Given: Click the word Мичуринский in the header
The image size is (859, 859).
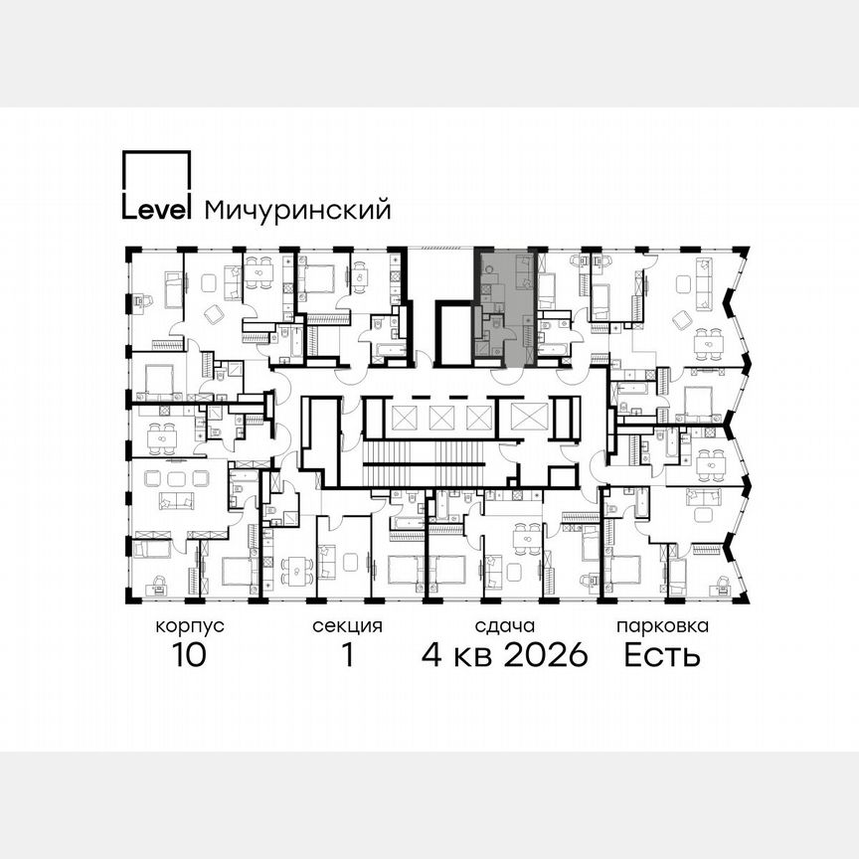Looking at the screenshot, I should [x=296, y=210].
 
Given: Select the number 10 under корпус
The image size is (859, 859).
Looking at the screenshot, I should [x=188, y=655].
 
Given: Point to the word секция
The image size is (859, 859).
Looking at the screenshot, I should [x=347, y=627].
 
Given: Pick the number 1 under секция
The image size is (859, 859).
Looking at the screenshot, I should [x=347, y=655].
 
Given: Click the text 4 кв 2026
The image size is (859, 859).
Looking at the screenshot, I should [x=505, y=655].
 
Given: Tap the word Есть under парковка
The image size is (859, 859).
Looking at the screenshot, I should [x=662, y=655].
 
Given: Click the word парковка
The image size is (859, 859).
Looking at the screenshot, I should [x=662, y=627].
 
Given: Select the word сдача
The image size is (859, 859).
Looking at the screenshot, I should [x=505, y=627].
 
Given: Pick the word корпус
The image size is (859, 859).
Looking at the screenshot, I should [x=189, y=627].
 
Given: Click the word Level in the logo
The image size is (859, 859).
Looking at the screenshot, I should [x=156, y=210].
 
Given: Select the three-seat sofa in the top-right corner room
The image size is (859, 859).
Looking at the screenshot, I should [x=703, y=270].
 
